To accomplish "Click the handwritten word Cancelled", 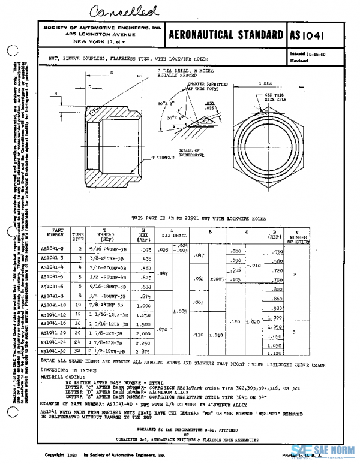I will (124, 13).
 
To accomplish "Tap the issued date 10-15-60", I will (316, 54).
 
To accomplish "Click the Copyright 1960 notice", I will (62, 454).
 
